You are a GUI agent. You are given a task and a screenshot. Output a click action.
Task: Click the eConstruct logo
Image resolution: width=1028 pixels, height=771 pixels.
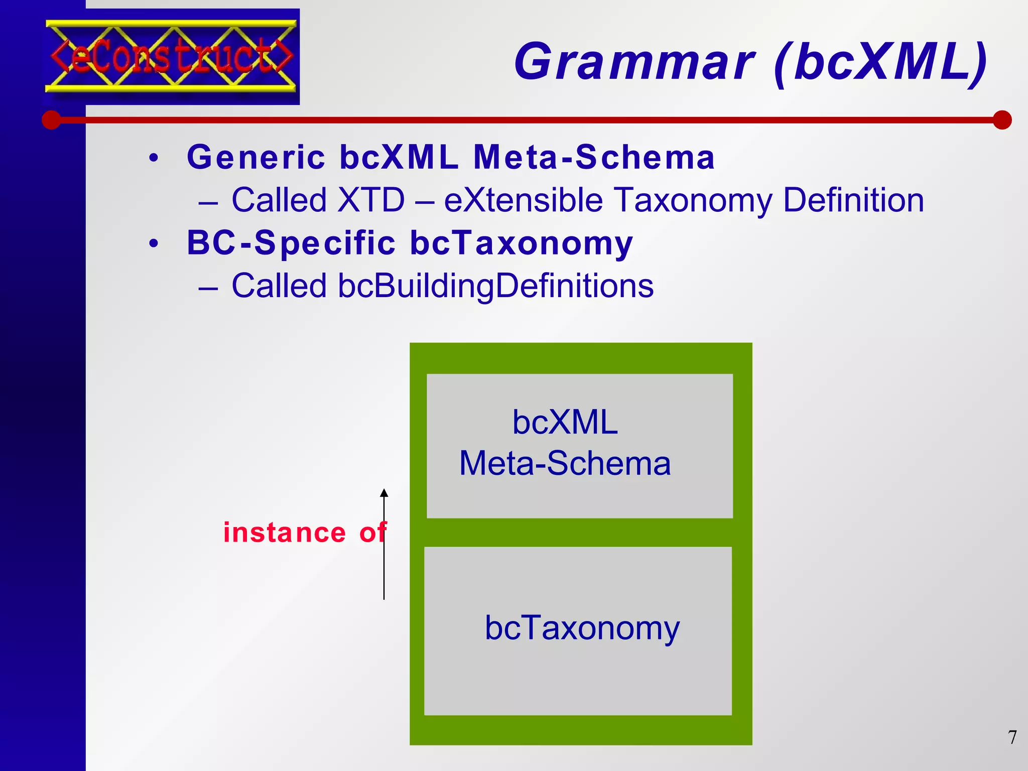172,56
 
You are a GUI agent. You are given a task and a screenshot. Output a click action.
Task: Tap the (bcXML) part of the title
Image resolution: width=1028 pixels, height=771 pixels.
880,62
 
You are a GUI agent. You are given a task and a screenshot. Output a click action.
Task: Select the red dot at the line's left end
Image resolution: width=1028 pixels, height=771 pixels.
51,120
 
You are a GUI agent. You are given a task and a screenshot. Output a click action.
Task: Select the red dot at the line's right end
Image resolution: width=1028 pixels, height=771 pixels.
1002,120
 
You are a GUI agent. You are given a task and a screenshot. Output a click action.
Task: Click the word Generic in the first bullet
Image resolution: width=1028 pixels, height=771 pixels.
256,157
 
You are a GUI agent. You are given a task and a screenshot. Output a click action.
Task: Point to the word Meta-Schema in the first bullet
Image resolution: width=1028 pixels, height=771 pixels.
594,157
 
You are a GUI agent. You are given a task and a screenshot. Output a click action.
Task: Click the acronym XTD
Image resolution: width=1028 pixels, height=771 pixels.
371,200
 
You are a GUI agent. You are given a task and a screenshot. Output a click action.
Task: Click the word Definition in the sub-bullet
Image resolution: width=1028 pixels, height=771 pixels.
853,200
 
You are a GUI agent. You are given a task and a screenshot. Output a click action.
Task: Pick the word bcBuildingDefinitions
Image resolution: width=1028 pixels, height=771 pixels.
495,286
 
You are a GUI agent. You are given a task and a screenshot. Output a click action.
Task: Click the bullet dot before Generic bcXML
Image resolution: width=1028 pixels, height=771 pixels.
154,158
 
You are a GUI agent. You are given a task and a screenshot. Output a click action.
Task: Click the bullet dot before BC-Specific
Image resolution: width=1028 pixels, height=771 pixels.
154,244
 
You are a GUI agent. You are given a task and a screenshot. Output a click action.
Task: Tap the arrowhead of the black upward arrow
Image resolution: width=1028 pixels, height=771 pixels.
384,493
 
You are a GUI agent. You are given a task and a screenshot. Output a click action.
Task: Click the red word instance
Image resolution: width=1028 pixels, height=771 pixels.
285,533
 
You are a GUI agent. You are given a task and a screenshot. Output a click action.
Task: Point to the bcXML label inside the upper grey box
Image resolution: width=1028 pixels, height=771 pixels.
565,422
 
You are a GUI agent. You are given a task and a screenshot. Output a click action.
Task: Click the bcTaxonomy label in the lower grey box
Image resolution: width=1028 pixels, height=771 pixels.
582,628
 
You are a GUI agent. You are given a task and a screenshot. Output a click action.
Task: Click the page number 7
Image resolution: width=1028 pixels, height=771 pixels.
1012,737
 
